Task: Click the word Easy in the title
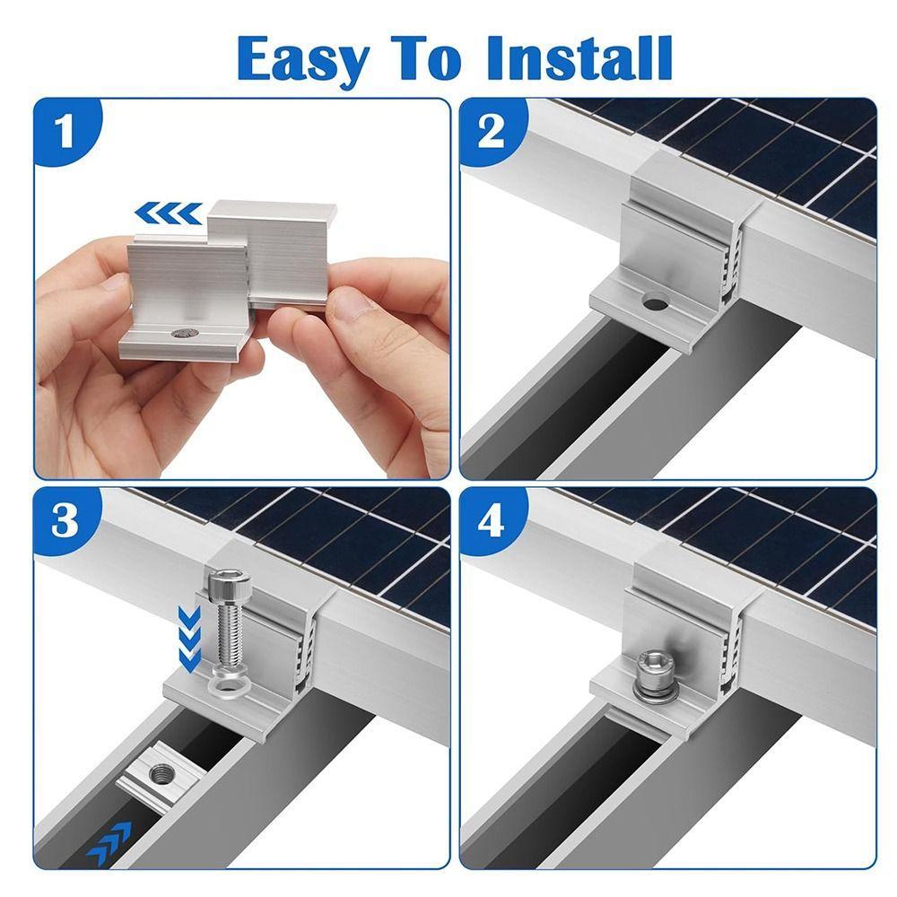tap(303, 59)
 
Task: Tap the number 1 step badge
tap(65, 132)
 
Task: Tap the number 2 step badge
tap(491, 132)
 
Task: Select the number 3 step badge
tap(65, 521)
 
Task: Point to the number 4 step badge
tap(491, 521)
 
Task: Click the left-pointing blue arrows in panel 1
tap(169, 213)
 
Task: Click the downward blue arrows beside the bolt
tap(189, 639)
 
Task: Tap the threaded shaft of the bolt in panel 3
tap(230, 632)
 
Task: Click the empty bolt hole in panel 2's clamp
tap(655, 300)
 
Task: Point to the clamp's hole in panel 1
tap(186, 333)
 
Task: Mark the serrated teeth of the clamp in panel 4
tap(732, 649)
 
